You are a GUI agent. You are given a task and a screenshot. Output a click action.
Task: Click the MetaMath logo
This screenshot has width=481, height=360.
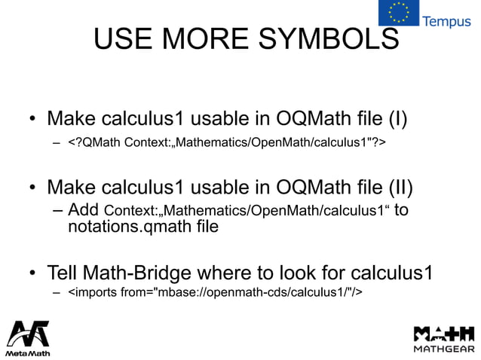tap(28, 338)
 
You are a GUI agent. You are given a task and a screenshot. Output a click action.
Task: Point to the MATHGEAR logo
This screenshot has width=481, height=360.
tap(444, 338)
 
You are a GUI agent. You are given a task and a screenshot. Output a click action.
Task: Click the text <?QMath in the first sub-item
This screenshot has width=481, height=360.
tap(94, 142)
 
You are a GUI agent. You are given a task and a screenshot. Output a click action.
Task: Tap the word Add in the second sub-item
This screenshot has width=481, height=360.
tap(83, 209)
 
